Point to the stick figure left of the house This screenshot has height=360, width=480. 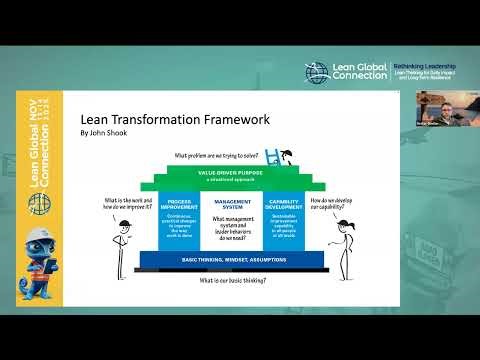pos(120,241)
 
